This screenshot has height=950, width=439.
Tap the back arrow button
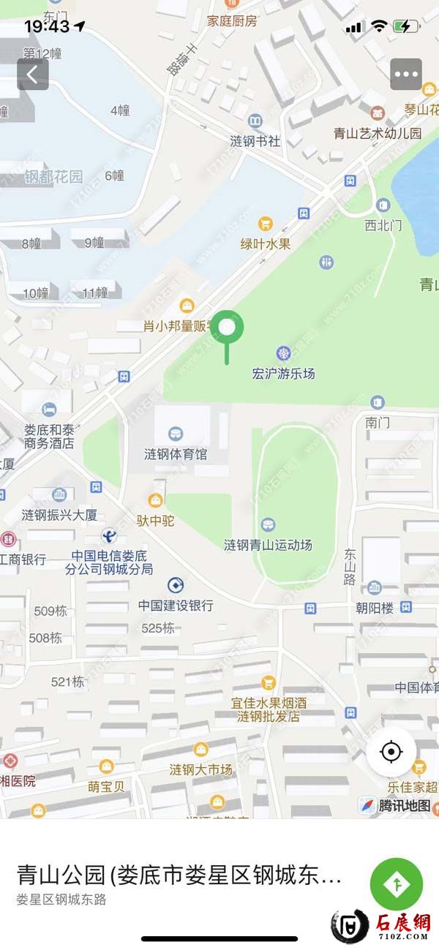[x=33, y=74]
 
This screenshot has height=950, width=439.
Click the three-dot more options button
[x=406, y=74]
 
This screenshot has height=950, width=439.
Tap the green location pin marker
[x=228, y=328]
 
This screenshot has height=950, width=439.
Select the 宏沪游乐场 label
[x=283, y=374]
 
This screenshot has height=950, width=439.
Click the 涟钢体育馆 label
[x=176, y=454]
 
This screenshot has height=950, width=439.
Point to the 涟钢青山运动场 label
[x=268, y=545]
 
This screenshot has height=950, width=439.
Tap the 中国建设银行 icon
[x=176, y=585]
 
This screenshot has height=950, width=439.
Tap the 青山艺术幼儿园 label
[x=378, y=133]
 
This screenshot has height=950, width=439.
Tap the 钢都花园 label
[x=53, y=176]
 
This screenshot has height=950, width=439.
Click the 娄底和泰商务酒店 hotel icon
[x=48, y=408]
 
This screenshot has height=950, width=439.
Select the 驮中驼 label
[x=154, y=522]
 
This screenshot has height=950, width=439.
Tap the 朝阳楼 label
[x=375, y=608]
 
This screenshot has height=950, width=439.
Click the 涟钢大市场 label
[x=200, y=769]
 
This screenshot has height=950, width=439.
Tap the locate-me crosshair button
[x=391, y=752]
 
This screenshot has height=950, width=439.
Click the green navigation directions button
[x=396, y=884]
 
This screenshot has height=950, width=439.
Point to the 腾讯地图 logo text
[x=404, y=806]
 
